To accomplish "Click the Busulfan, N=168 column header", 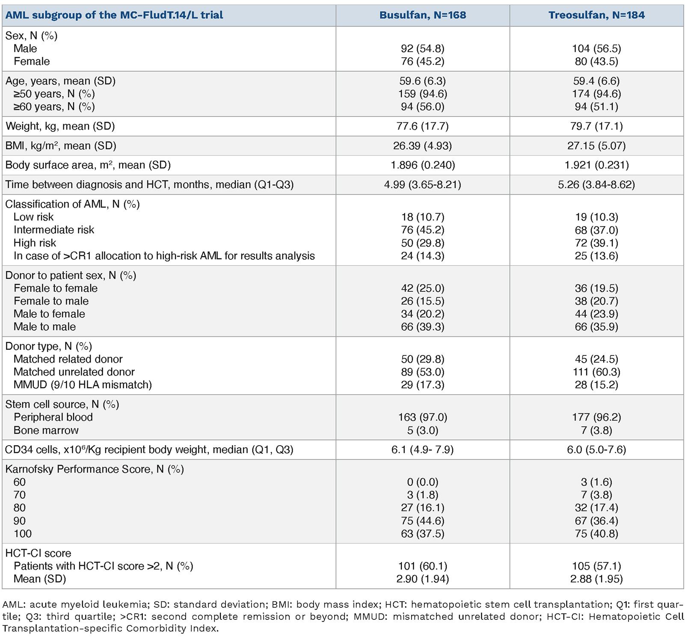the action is (x=423, y=15).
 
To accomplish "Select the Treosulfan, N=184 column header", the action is (x=596, y=15).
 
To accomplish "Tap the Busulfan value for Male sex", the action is (x=423, y=48).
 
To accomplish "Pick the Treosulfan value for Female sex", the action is (x=596, y=61).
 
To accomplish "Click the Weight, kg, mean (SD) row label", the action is (x=60, y=126).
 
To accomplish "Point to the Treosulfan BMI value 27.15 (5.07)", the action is (x=596, y=146).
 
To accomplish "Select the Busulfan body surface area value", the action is (x=423, y=165).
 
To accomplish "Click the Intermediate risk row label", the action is (x=54, y=230).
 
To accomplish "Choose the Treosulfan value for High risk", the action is (x=596, y=243).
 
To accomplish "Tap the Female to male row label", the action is (x=51, y=301).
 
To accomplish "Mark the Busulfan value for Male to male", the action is (x=423, y=327).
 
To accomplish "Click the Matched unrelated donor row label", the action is (x=74, y=372).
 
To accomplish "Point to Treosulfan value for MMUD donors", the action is (x=596, y=385).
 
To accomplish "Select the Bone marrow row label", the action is (x=46, y=430).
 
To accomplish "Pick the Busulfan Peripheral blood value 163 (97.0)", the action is (x=423, y=417).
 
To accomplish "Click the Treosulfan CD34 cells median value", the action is (x=596, y=450).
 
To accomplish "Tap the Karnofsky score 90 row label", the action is (x=20, y=521).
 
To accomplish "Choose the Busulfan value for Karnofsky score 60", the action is (x=423, y=482).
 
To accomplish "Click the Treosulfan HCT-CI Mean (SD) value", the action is (x=596, y=579).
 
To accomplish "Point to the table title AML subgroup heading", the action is (x=114, y=15).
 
